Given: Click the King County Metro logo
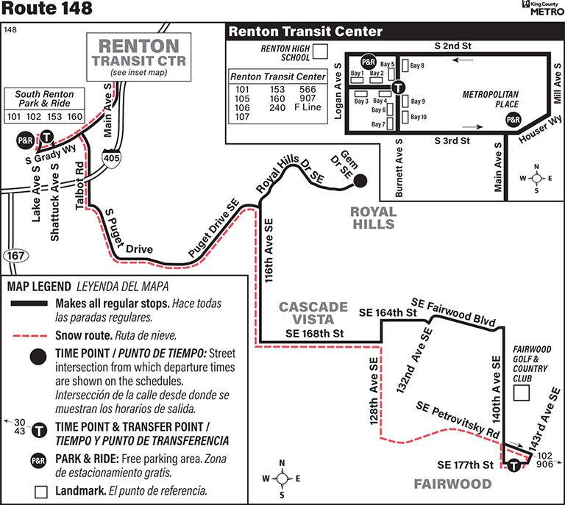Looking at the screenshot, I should tap(541, 8).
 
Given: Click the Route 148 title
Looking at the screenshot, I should tap(47, 10).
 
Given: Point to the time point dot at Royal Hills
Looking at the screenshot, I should tap(360, 181).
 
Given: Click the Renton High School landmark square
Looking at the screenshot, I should tap(320, 51).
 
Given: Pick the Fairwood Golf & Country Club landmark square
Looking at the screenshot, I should tap(522, 393).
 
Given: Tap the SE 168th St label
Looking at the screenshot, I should tap(315, 334).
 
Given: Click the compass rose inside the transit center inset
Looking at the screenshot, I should tap(537, 178).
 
